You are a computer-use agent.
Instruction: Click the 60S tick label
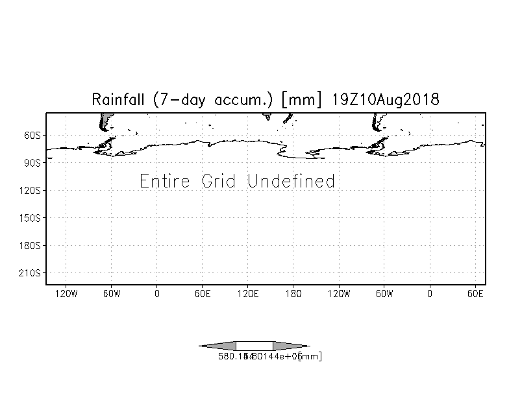click(33, 136)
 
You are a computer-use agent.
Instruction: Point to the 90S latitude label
click(33, 163)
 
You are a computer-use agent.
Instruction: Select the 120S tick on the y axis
click(31, 191)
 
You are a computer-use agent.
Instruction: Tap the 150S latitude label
click(31, 218)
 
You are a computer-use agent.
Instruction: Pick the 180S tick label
click(31, 246)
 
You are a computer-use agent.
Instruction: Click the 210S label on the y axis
click(31, 273)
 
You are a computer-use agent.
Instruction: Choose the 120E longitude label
click(248, 294)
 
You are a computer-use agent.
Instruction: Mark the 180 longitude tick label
click(293, 294)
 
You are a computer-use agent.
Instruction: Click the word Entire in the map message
click(165, 181)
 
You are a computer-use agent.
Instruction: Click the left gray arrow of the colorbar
click(218, 346)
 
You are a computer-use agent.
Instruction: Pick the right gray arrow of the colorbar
click(290, 346)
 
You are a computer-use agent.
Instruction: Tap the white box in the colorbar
click(255, 346)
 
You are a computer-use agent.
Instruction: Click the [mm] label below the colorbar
click(310, 356)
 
